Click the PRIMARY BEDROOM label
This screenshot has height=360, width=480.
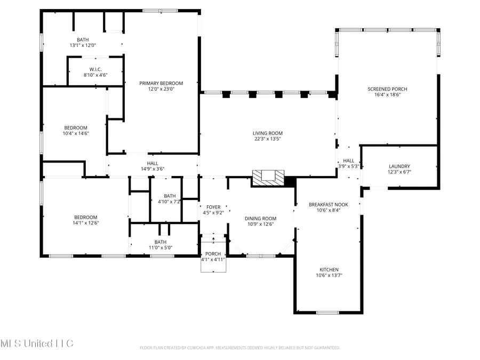(x=161, y=83)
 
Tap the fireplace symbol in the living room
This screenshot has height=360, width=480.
(x=268, y=178)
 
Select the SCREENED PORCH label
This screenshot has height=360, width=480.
(x=383, y=89)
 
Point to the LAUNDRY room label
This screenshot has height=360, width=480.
(x=399, y=166)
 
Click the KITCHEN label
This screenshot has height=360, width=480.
(x=329, y=270)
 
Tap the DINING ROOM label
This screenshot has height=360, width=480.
(x=260, y=218)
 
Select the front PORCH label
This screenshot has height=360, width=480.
(x=213, y=253)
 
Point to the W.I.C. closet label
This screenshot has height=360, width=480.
(x=95, y=69)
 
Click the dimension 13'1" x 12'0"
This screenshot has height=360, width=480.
(x=82, y=45)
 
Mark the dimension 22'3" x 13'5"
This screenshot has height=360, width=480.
(x=268, y=139)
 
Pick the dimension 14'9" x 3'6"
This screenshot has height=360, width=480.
(x=153, y=169)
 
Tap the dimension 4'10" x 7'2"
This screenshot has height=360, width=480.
(x=170, y=202)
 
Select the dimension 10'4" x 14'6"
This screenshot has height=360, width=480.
(x=76, y=133)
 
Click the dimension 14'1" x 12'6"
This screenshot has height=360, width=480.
(x=85, y=222)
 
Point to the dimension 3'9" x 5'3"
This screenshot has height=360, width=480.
(x=349, y=166)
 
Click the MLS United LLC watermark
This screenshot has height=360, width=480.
(x=37, y=343)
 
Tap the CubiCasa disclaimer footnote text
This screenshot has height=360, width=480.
(x=239, y=348)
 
